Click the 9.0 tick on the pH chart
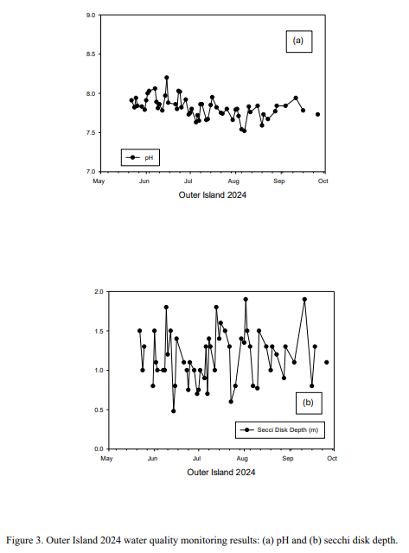(x=91, y=16)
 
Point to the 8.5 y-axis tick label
(x=91, y=54)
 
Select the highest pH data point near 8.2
(x=167, y=78)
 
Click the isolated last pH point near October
(x=317, y=114)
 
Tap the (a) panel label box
(x=299, y=41)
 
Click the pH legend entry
(x=140, y=157)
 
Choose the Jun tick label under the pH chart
(x=144, y=181)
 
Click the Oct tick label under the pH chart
(x=323, y=181)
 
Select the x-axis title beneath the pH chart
(x=213, y=195)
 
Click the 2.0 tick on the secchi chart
(x=99, y=292)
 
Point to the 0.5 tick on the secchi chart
(x=99, y=410)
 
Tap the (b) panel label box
(x=309, y=404)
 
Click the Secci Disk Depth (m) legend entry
(x=280, y=430)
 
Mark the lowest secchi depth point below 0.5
(x=173, y=411)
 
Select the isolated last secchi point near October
(x=327, y=362)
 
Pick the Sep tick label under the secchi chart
(x=288, y=459)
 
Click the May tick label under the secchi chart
(x=106, y=459)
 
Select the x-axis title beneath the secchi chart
(x=220, y=473)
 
